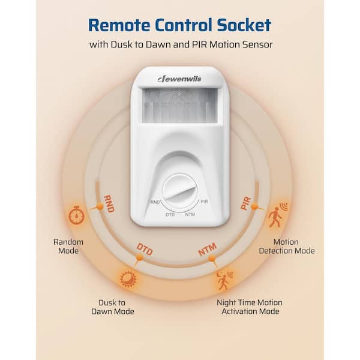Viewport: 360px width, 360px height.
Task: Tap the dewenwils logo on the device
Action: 179,79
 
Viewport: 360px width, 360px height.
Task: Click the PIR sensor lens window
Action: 179,106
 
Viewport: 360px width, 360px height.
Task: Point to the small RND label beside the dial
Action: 155,202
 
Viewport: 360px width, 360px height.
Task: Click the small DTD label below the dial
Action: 170,214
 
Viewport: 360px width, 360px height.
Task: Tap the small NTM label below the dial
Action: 190,214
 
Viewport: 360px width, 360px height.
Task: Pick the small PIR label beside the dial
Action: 204,202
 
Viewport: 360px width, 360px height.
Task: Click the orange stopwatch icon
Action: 77,215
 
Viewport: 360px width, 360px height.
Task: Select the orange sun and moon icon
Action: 128,279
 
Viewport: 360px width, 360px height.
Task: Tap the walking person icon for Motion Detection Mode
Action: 278,214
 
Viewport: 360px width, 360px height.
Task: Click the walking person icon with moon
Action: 224,280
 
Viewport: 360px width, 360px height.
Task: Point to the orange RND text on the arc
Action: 109,204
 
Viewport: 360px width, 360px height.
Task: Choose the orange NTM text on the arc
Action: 208,249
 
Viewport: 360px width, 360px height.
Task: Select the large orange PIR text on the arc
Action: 246,203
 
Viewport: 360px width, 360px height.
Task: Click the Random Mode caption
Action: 68,247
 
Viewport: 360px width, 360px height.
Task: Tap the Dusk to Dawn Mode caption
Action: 113,307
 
